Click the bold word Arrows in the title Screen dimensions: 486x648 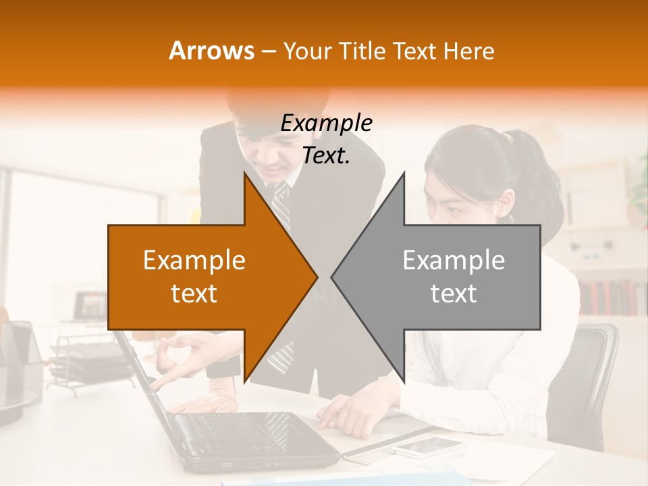point(212,51)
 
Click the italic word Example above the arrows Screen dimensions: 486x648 point(326,123)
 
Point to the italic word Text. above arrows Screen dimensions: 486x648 point(326,155)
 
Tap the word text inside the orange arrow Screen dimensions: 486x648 point(194,294)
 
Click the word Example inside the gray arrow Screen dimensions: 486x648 point(454,260)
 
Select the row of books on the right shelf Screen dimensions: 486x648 point(611,297)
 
